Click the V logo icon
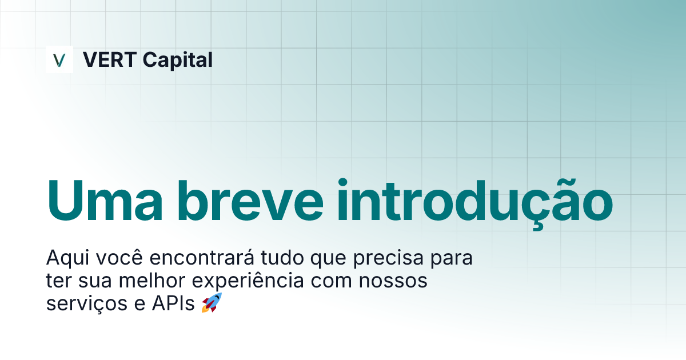[x=59, y=59]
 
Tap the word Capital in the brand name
[x=177, y=59]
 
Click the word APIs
[x=173, y=304]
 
